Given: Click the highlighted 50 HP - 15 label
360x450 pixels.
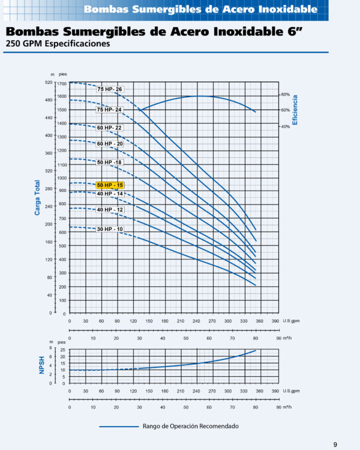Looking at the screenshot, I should point(110,185).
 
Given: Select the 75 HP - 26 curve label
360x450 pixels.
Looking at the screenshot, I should point(110,89).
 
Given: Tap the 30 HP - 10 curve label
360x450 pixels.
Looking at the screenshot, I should point(110,229).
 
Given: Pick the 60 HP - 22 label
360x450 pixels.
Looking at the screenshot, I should point(110,128).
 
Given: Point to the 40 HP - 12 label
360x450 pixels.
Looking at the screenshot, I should point(110,209).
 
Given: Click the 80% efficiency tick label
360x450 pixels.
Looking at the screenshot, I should point(286,95).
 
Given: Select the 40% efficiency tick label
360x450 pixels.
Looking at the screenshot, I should point(286,127).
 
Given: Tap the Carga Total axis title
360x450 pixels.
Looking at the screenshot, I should point(37,198).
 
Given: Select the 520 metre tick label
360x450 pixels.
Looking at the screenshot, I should point(49,82).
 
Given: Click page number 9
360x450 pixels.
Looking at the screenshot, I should point(335,444).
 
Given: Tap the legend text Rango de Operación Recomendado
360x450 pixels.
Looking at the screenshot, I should point(191,427).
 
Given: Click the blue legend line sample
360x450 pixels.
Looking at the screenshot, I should point(119,427).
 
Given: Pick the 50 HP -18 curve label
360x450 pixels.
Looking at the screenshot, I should point(110,163).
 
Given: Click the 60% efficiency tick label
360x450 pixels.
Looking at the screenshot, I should point(286,110).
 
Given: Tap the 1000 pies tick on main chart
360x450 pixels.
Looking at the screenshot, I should point(62,178).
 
